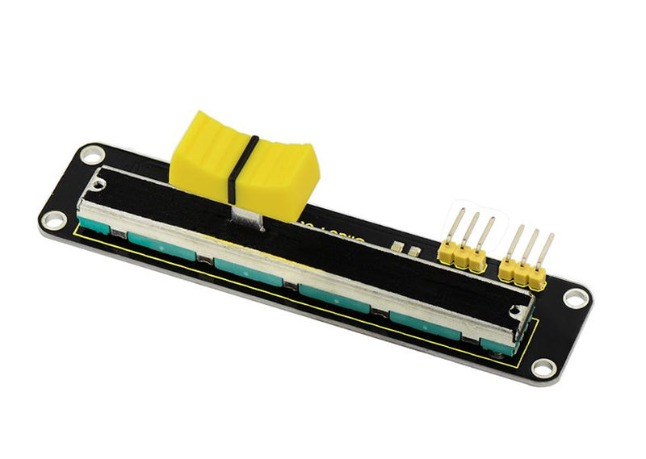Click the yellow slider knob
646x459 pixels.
(243, 157)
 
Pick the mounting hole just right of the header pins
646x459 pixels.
(574, 298)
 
